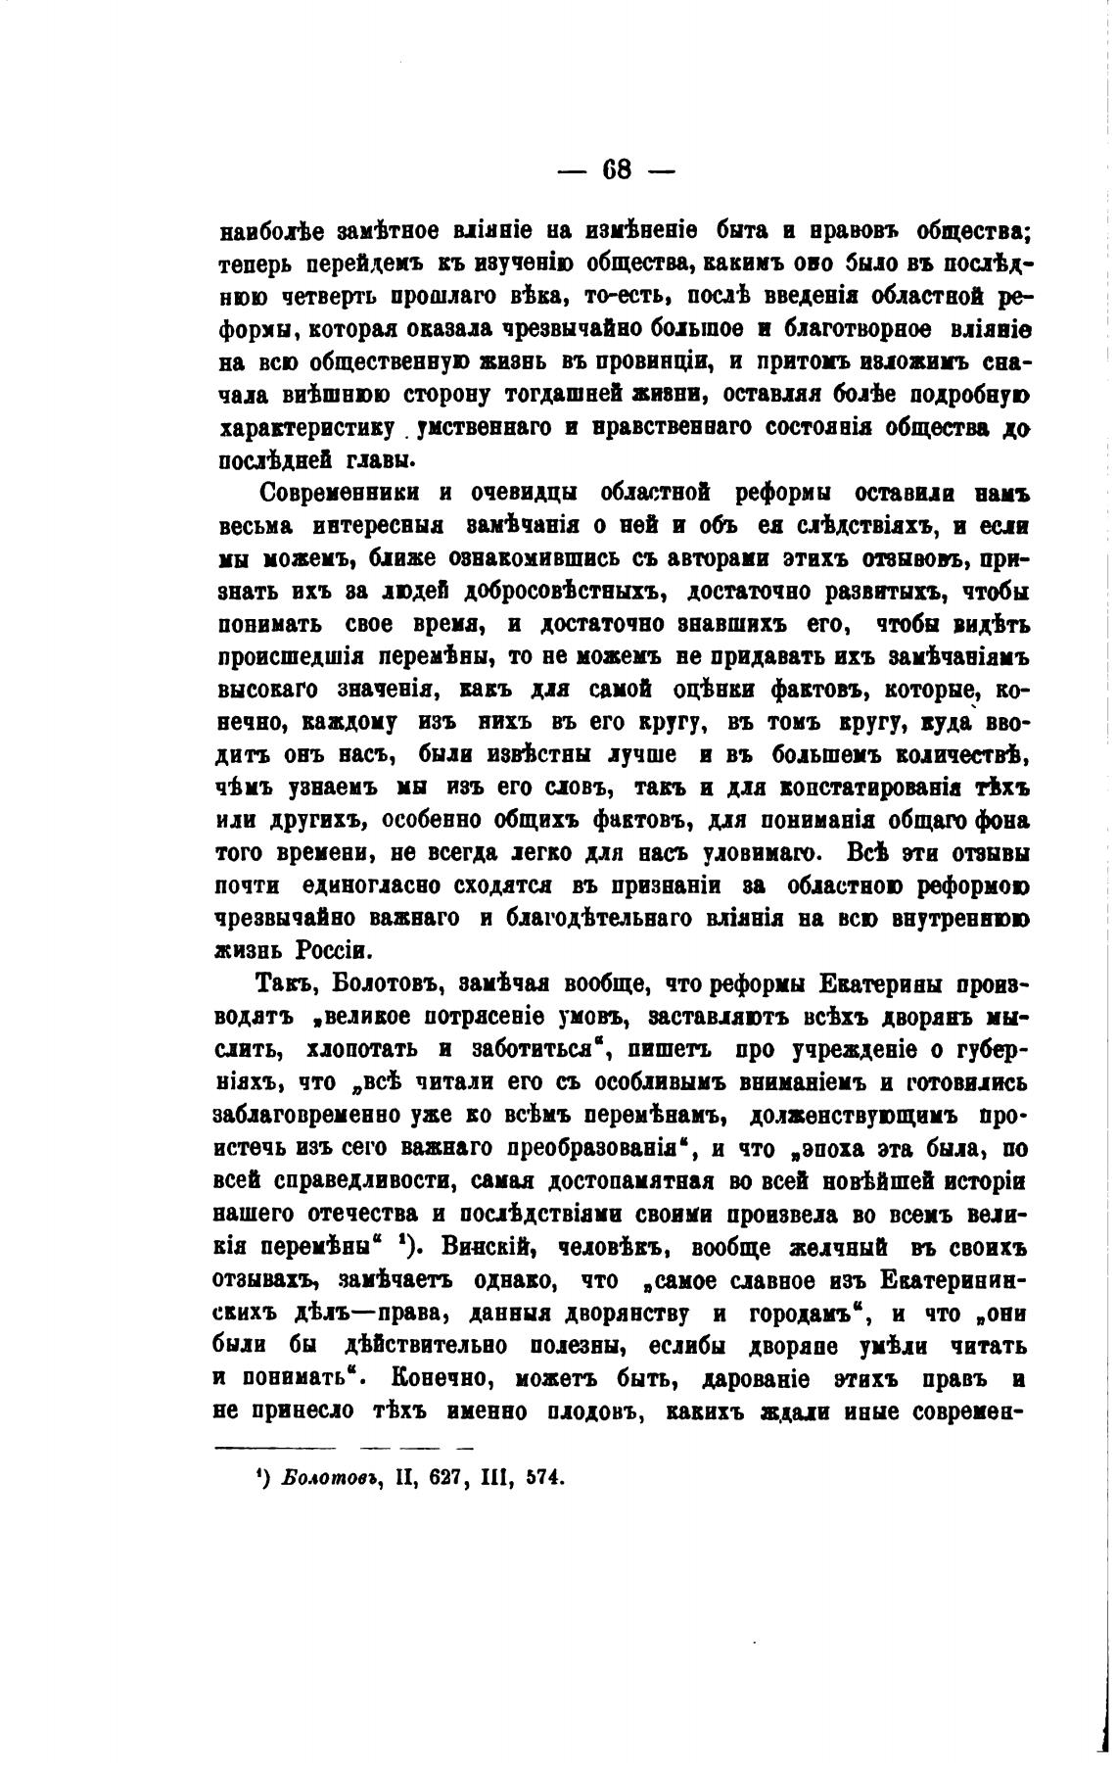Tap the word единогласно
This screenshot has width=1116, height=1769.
(x=366, y=886)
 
